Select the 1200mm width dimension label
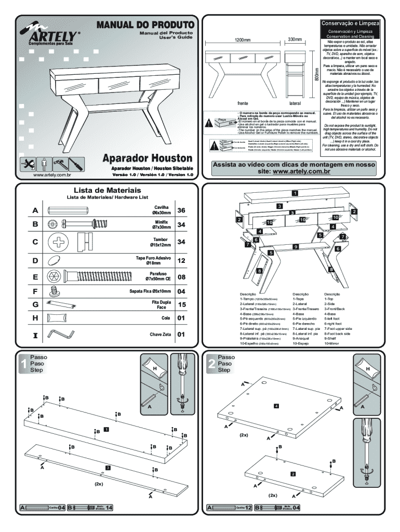pyautogui.click(x=241, y=40)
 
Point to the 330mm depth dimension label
pyautogui.click(x=295, y=40)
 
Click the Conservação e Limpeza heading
pyautogui.click(x=352, y=24)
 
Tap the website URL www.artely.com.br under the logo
pyautogui.click(x=51, y=175)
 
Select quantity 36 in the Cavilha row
pyautogui.click(x=181, y=210)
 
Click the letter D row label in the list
pyautogui.click(x=35, y=260)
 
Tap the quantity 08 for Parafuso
pyautogui.click(x=181, y=277)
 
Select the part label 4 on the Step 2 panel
pyautogui.click(x=276, y=405)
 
